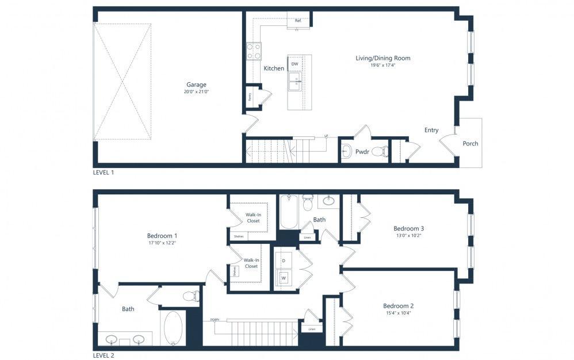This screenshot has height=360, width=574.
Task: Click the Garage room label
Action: [x=196, y=85]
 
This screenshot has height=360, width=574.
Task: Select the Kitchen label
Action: [x=274, y=68]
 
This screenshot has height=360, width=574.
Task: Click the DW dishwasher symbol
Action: [x=294, y=64]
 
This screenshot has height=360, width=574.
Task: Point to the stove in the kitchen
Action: [x=254, y=52]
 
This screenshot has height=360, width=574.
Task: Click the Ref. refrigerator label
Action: [x=298, y=21]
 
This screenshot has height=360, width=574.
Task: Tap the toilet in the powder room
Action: [x=381, y=152]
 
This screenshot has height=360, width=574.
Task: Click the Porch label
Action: [x=470, y=144]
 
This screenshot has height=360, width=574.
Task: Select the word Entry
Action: [x=431, y=130]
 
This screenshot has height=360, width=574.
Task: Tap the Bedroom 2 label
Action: [x=399, y=305]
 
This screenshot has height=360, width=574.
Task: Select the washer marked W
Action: [x=283, y=278]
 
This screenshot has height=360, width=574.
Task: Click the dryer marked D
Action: [x=283, y=261]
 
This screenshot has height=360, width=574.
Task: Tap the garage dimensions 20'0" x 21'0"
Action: [x=196, y=92]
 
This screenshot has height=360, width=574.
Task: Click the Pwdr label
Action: [x=362, y=152]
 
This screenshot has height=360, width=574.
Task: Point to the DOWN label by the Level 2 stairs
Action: [x=214, y=320]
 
